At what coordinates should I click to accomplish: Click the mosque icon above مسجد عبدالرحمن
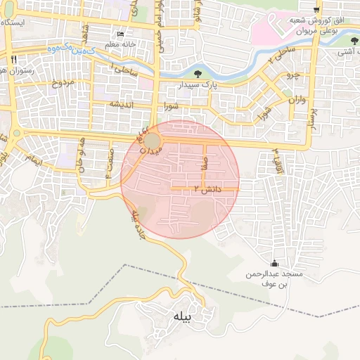pos(274,262)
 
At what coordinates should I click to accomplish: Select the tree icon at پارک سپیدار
pos(198,74)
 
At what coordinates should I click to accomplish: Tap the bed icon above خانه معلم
pos(121,34)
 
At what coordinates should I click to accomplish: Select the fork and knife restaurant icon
pos(13,60)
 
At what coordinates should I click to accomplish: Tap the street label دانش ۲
pos(207,189)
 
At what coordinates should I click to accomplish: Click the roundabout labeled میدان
pos(153,141)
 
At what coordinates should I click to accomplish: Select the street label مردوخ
pos(61,84)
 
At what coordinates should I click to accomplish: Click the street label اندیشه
pos(120,104)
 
